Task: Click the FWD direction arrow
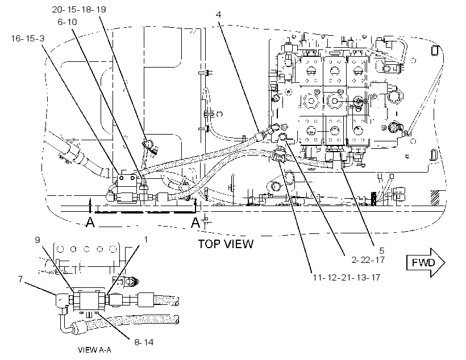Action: coord(426,262)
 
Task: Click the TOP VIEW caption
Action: coord(226,244)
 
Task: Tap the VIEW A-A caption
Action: coord(94,350)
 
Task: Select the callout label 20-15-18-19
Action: coord(79,10)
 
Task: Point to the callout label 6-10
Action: coord(67,22)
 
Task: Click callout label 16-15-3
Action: coord(28,38)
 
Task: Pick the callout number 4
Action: coord(218,14)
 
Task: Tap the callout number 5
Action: coord(381,250)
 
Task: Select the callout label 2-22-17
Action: coord(368,260)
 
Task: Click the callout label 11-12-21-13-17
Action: coord(346,278)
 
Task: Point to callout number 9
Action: coord(38,240)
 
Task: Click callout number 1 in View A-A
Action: coord(145,239)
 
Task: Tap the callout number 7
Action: coord(20,279)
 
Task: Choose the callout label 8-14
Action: coord(144,342)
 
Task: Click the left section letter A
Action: coord(90,222)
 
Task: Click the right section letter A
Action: coord(195,222)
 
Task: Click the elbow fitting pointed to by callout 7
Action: coord(60,300)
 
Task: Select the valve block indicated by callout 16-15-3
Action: coord(127,188)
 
